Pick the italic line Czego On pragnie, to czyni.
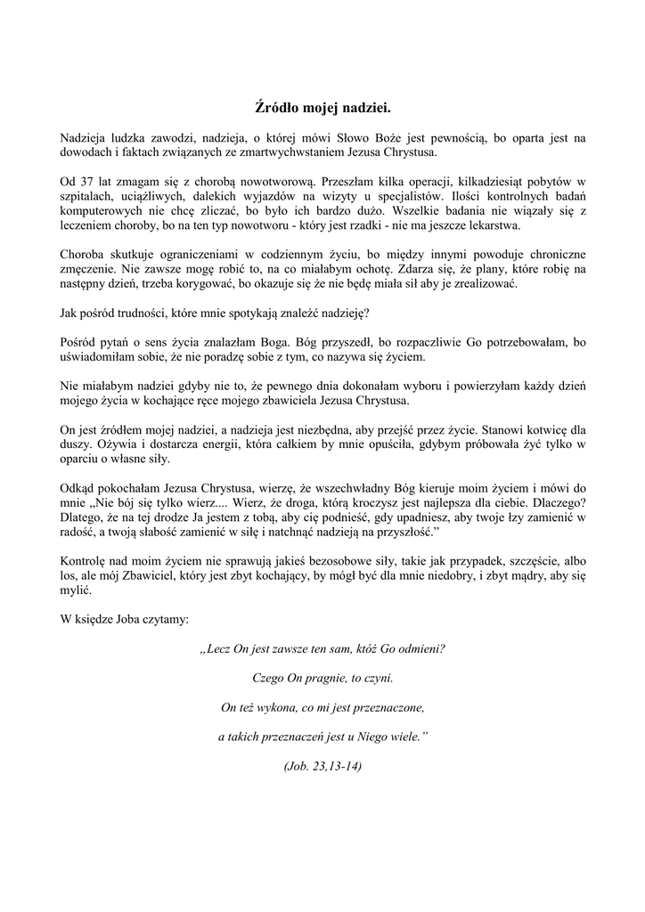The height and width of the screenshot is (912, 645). click(322, 679)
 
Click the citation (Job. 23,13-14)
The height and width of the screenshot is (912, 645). click(322, 767)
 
